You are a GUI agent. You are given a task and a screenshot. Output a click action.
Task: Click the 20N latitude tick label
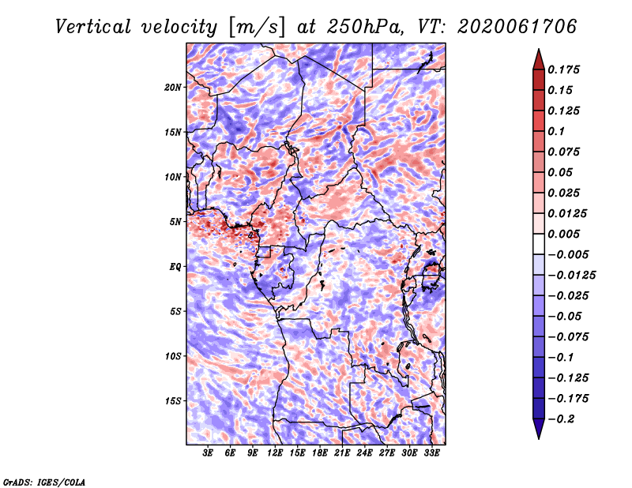point(173,88)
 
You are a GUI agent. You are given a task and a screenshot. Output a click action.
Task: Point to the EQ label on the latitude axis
point(175,267)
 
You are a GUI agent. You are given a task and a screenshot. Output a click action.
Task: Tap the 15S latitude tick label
point(173,401)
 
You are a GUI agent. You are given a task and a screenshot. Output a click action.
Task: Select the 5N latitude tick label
point(175,222)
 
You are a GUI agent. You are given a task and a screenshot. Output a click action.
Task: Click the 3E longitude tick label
point(208,453)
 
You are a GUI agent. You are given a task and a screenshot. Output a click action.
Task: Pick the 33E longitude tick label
point(431,453)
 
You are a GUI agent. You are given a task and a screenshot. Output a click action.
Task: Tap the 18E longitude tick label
point(320,453)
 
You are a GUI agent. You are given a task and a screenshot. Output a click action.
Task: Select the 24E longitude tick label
point(364,453)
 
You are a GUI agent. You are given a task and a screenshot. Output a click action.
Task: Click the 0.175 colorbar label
point(563,69)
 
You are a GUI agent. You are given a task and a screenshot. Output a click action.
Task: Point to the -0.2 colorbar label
point(561,419)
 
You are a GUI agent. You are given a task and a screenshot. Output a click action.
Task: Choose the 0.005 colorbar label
point(563,234)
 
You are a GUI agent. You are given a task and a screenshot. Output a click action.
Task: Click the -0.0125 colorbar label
point(571,276)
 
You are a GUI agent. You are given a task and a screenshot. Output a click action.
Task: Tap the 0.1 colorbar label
point(556,131)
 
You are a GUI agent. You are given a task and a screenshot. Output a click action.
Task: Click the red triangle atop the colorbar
point(539,60)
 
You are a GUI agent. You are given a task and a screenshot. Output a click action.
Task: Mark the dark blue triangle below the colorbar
point(539,429)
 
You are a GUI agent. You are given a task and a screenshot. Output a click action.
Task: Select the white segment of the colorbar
point(539,244)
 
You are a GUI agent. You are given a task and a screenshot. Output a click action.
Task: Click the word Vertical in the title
point(93,27)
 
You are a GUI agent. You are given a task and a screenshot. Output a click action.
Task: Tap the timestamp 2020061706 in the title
point(517,27)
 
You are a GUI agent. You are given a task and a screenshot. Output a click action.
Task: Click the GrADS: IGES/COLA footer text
point(44,482)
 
